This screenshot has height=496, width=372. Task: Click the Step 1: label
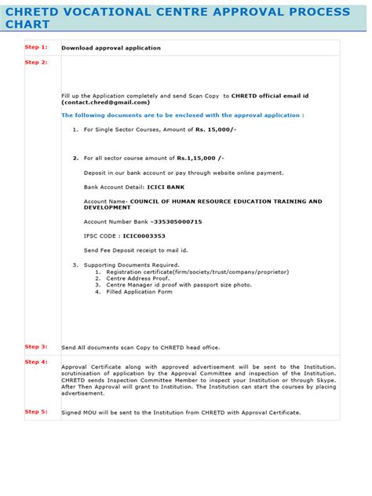click(x=36, y=47)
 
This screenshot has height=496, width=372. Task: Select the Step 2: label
click(x=36, y=62)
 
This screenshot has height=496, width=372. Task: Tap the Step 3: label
click(x=36, y=346)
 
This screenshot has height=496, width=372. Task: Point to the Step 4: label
click(x=36, y=362)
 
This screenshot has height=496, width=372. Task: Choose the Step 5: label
click(x=36, y=411)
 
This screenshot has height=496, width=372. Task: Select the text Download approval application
click(x=111, y=48)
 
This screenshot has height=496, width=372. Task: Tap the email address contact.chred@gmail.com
click(x=105, y=102)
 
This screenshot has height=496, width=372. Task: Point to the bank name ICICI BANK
click(x=165, y=188)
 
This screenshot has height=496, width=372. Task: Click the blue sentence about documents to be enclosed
click(x=182, y=115)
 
